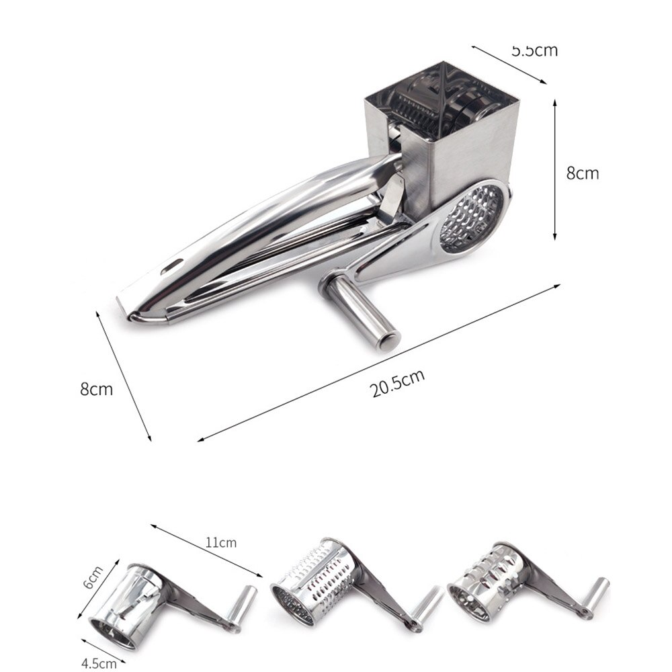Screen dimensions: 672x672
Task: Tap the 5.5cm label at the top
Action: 534,50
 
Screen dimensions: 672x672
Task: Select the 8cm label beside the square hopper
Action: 582,173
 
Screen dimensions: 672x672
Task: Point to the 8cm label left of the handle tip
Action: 96,389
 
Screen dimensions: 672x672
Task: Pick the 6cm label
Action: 91,577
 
